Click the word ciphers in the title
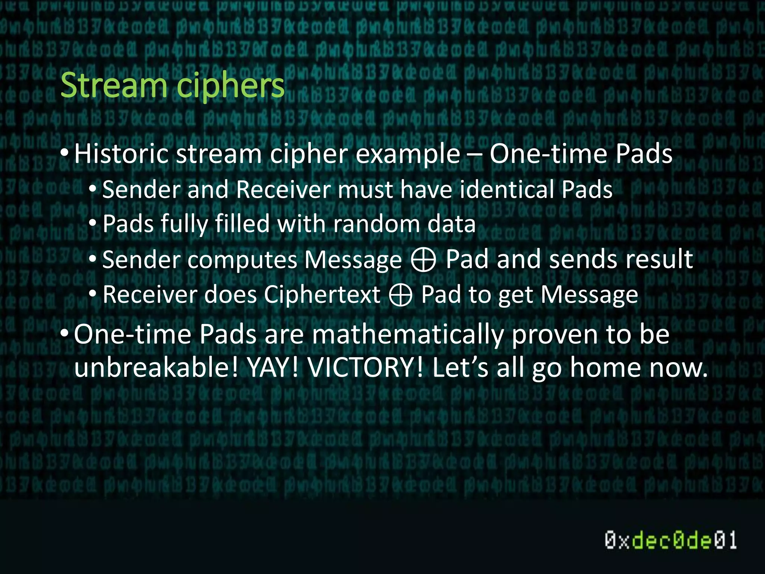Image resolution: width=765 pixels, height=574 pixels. (x=230, y=87)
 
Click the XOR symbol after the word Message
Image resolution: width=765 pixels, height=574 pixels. (x=423, y=259)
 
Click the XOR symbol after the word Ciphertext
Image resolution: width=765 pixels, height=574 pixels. (x=400, y=295)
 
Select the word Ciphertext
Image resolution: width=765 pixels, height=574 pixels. (x=322, y=295)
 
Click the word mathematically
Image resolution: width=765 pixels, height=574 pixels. (x=408, y=335)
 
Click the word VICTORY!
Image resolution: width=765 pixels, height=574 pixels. (x=365, y=368)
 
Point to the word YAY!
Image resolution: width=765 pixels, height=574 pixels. (x=273, y=368)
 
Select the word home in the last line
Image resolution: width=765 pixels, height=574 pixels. (x=606, y=368)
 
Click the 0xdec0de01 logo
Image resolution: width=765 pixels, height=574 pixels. (x=671, y=540)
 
